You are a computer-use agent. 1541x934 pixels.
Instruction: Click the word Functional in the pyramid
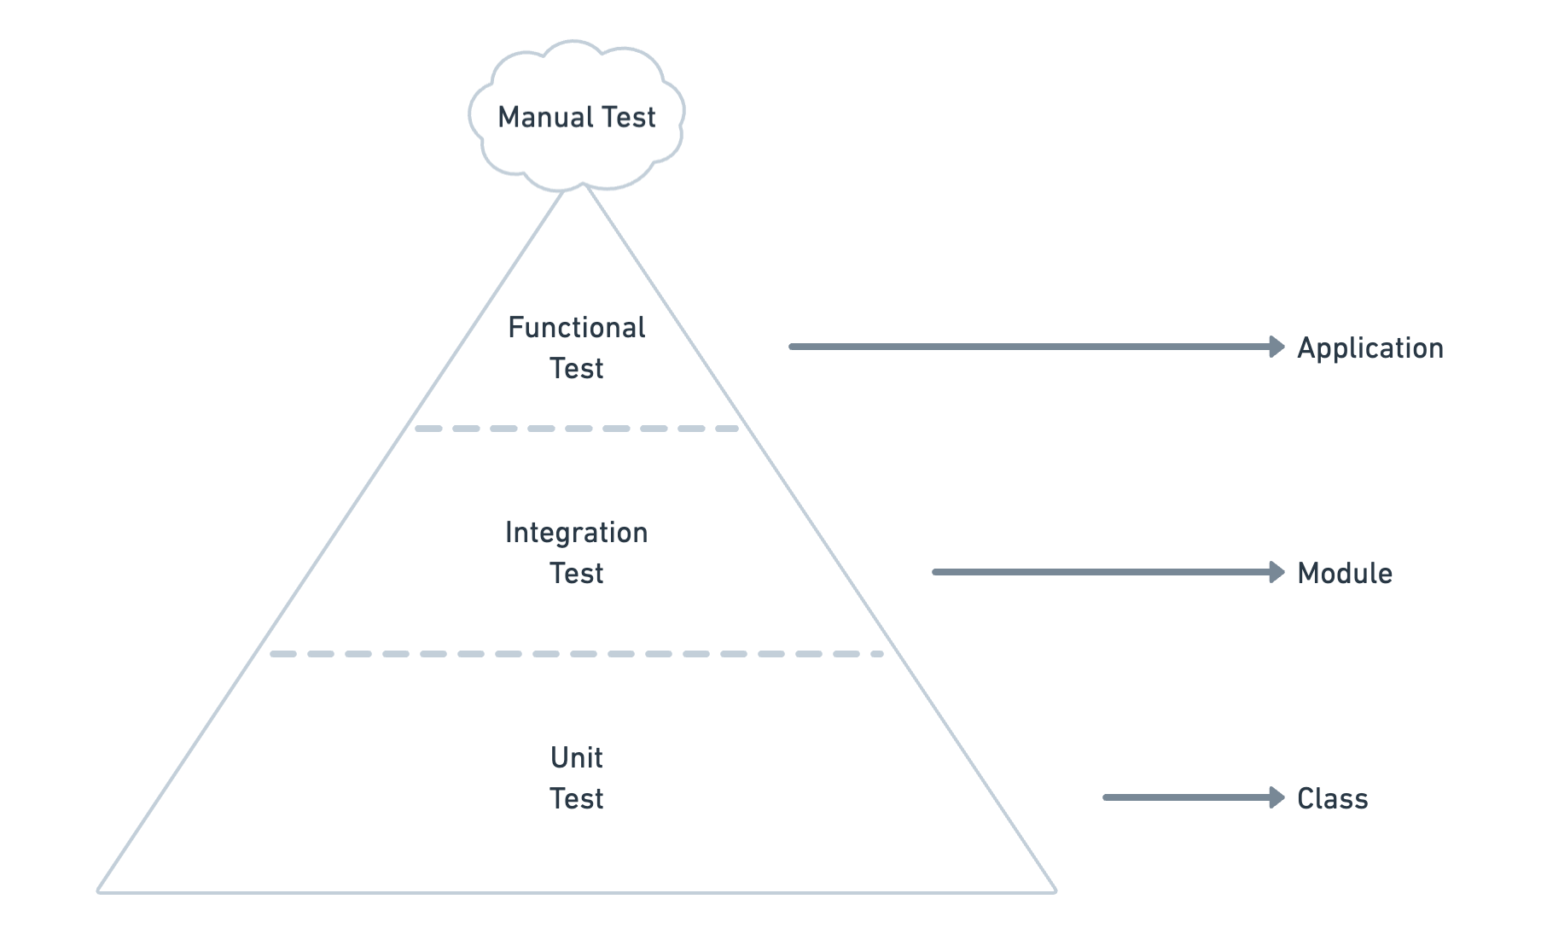[x=576, y=327]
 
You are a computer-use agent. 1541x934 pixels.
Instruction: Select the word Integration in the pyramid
[x=576, y=533]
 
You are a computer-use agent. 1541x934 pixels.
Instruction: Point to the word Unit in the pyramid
[x=576, y=757]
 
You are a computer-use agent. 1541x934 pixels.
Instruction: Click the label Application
[x=1369, y=348]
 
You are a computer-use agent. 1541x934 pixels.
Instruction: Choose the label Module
[x=1344, y=573]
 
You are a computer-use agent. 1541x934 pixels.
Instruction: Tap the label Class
[x=1332, y=798]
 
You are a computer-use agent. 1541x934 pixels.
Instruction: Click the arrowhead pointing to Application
[x=1276, y=347]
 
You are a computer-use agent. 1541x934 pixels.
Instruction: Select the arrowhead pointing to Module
[x=1276, y=572]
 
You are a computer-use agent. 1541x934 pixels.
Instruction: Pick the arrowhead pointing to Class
[x=1276, y=797]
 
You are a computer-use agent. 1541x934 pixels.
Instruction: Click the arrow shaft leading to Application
[x=1024, y=347]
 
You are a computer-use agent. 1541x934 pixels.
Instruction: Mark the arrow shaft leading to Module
[x=1101, y=572]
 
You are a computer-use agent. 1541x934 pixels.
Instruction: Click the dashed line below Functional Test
[x=576, y=429]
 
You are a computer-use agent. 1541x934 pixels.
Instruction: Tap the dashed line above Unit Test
[x=576, y=654]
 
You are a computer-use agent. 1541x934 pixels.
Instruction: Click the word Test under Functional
[x=576, y=369]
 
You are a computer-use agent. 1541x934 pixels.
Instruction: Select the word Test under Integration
[x=576, y=574]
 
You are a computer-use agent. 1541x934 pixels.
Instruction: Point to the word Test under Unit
[x=576, y=799]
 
